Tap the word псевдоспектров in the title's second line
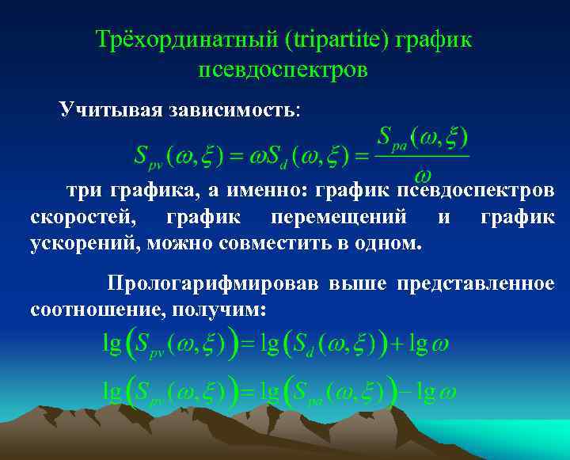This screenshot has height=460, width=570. pos(283,70)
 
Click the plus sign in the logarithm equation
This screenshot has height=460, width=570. pos(397,344)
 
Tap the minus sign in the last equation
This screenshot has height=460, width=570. pos(403,393)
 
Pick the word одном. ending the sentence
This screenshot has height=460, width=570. pos(388,241)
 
